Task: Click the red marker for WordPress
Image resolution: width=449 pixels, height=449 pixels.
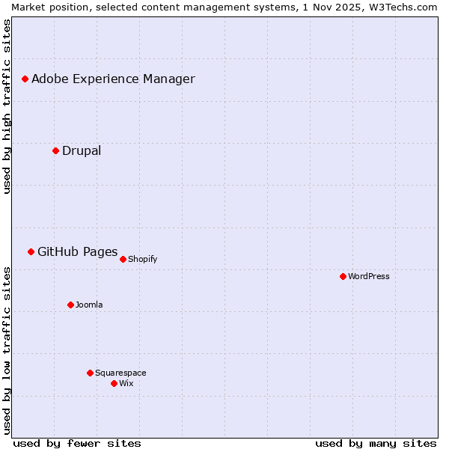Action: click(343, 276)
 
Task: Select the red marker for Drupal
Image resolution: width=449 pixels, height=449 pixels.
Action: click(55, 150)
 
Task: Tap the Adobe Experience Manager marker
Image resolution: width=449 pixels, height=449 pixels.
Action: click(25, 79)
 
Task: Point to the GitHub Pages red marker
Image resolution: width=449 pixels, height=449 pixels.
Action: click(31, 251)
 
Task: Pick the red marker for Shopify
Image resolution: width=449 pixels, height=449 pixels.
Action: click(123, 259)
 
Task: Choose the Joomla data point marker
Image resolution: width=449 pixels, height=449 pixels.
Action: click(70, 305)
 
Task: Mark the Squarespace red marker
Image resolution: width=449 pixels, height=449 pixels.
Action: click(90, 373)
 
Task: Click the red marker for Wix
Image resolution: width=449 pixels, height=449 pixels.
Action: click(114, 383)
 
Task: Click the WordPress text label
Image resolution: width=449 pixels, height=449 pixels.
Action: click(369, 276)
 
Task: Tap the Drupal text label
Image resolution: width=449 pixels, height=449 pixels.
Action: click(82, 150)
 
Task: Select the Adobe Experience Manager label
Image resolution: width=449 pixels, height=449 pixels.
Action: click(113, 79)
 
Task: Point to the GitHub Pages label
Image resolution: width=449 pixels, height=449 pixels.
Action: click(78, 251)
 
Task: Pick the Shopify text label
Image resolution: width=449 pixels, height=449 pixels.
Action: click(143, 259)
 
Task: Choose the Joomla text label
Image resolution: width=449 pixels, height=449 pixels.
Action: click(89, 305)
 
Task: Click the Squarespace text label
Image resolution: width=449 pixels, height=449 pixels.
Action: click(120, 373)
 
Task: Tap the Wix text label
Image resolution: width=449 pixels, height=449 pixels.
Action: click(126, 383)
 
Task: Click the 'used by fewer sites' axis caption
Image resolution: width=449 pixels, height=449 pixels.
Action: click(77, 443)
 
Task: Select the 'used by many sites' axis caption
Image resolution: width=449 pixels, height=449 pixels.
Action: click(376, 443)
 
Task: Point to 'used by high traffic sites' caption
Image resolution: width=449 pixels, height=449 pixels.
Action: click(7, 106)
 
